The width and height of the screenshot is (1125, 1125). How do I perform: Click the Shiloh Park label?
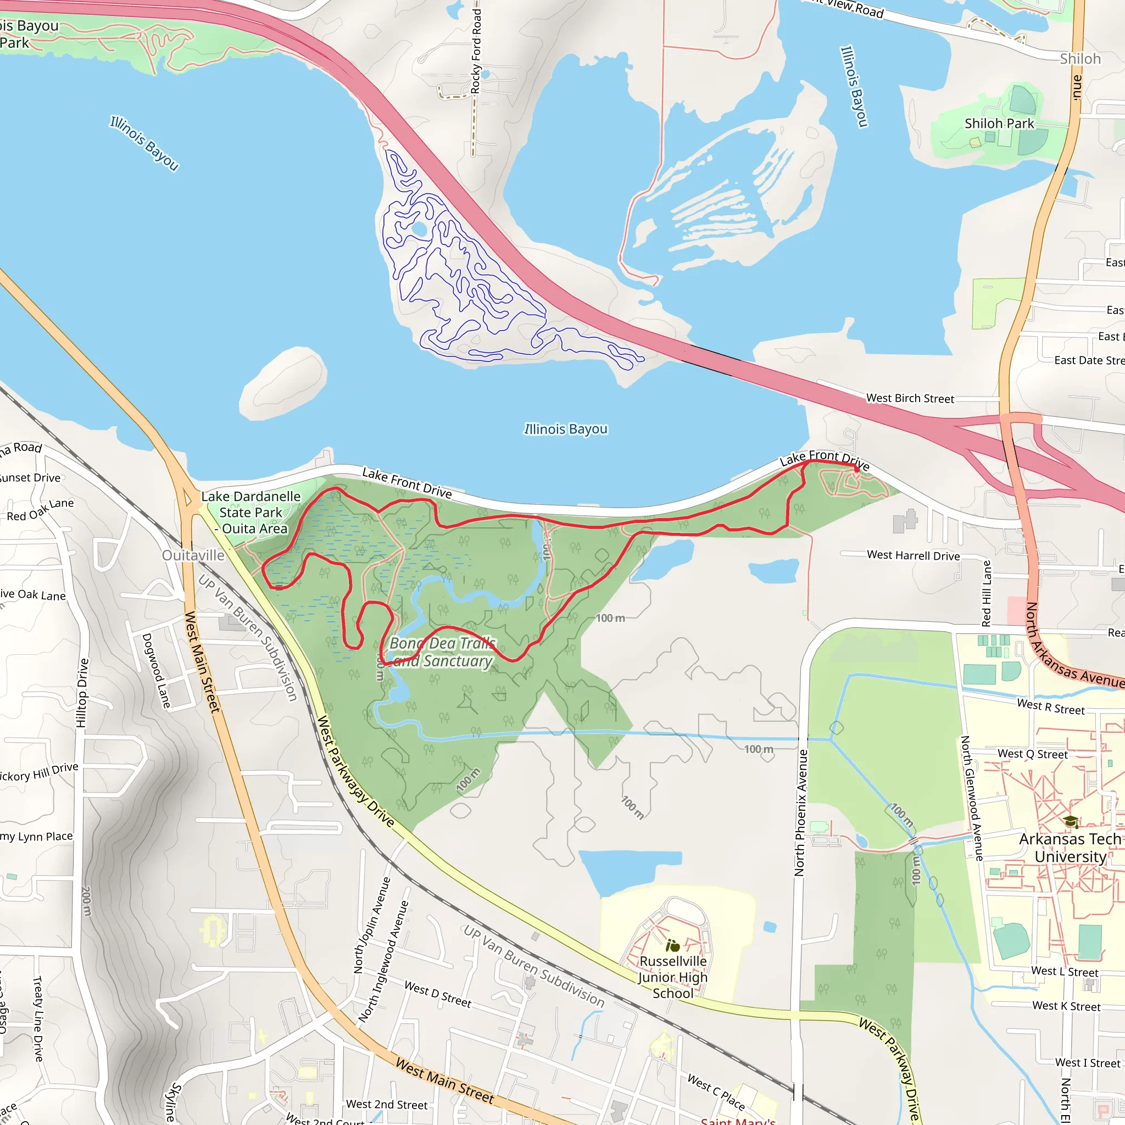[999, 124]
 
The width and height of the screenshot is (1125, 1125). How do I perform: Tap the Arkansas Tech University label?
[1070, 848]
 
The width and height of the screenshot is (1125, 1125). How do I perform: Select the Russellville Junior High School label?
[672, 977]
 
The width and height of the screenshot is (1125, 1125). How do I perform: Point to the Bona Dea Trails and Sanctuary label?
[442, 652]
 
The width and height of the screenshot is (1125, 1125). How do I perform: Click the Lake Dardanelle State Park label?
[251, 513]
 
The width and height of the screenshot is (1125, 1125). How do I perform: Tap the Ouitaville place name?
[193, 555]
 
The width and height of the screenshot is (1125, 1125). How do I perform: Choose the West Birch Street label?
[910, 398]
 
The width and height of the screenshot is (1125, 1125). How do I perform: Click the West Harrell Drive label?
[913, 555]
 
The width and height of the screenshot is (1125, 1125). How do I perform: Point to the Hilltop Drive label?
[82, 692]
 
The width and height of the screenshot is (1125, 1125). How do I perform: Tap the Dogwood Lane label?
[156, 671]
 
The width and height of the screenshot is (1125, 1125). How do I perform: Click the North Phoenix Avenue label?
[801, 812]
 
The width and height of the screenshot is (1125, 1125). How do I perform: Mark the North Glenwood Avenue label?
[972, 798]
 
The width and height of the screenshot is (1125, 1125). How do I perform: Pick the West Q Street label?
[1032, 754]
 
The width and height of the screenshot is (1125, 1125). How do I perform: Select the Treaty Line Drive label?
[38, 1019]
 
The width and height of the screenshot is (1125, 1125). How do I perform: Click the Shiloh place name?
[1080, 59]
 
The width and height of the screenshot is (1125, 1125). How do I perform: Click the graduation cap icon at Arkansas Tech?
[1070, 822]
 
